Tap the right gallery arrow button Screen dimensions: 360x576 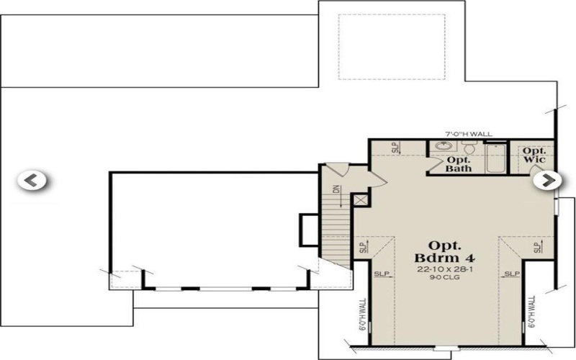click(546, 180)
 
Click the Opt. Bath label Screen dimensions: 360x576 click(459, 164)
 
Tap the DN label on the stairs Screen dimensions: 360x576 click(336, 191)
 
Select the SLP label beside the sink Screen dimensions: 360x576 click(395, 148)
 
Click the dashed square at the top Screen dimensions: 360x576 click(368, 45)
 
